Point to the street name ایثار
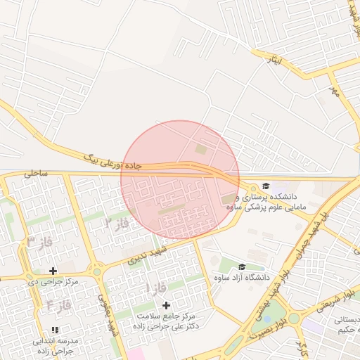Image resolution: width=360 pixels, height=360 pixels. (272, 60)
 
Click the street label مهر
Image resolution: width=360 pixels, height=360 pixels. (334, 91)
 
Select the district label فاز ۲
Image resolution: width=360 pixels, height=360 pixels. (118, 224)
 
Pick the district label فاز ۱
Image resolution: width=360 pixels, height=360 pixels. (156, 288)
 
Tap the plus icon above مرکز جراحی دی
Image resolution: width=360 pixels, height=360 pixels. (53, 271)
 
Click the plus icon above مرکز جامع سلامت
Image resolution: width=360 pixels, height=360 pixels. (167, 305)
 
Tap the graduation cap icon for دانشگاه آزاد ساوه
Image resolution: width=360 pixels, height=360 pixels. (242, 266)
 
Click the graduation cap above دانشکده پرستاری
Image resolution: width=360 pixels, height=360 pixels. (266, 186)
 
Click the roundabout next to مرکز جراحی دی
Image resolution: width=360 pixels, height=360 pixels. (96, 271)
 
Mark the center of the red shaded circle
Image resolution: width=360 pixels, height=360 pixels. (180, 180)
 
